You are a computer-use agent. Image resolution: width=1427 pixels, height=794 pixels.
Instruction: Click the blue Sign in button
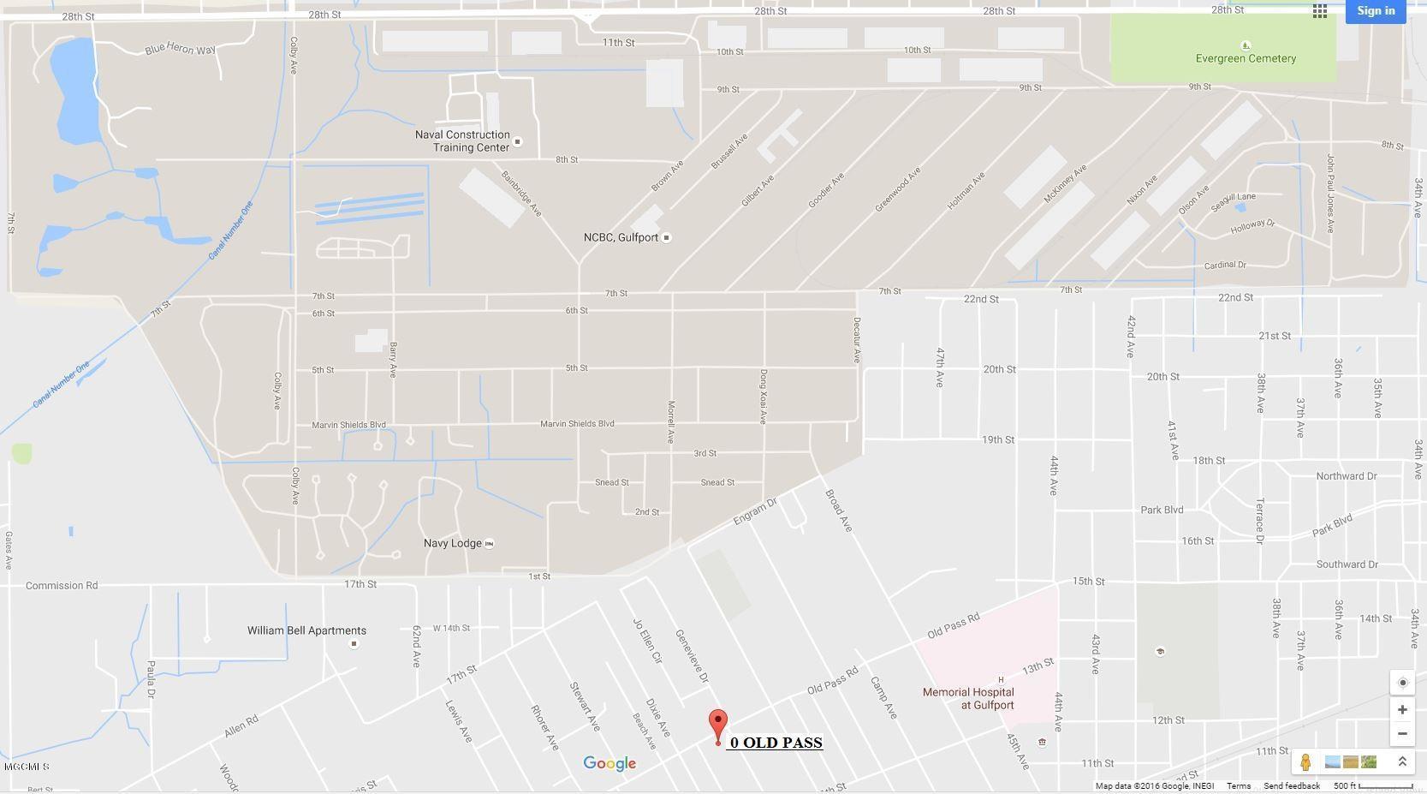coord(1375,11)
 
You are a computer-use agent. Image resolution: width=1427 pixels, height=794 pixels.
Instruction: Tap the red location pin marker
coord(718,725)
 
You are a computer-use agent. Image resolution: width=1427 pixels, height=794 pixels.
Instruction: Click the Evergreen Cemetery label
coord(1246,58)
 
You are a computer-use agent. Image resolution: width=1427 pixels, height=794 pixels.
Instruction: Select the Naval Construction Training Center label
coord(462,141)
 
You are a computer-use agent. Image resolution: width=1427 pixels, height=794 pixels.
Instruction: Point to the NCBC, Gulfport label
coord(621,237)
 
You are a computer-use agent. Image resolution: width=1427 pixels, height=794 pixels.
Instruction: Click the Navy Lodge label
coord(452,543)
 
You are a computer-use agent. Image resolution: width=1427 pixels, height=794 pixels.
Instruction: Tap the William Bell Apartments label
coord(306,630)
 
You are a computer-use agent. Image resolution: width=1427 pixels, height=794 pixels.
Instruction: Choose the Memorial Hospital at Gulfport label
coord(968,698)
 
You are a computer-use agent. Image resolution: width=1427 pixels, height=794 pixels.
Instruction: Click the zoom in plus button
coord(1402,709)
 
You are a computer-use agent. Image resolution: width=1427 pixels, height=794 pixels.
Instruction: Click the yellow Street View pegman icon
coord(1305,761)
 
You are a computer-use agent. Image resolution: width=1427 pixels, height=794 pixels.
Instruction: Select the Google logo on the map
coord(609,763)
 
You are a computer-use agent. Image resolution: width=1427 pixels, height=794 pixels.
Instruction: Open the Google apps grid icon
coord(1320,11)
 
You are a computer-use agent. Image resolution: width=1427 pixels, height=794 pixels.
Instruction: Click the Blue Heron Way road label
coord(180,49)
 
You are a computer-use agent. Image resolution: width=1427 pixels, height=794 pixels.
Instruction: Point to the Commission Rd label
coord(62,586)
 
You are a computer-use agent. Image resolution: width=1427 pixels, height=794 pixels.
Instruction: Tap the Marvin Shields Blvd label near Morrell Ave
coord(577,424)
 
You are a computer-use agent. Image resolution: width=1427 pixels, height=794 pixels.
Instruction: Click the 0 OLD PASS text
coord(776,743)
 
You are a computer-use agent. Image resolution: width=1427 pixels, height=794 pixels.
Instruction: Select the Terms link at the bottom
coord(1238,785)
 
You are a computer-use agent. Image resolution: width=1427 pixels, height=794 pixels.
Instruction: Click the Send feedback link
coord(1291,785)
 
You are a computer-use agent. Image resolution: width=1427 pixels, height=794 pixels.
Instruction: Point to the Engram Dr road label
coord(754,511)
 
